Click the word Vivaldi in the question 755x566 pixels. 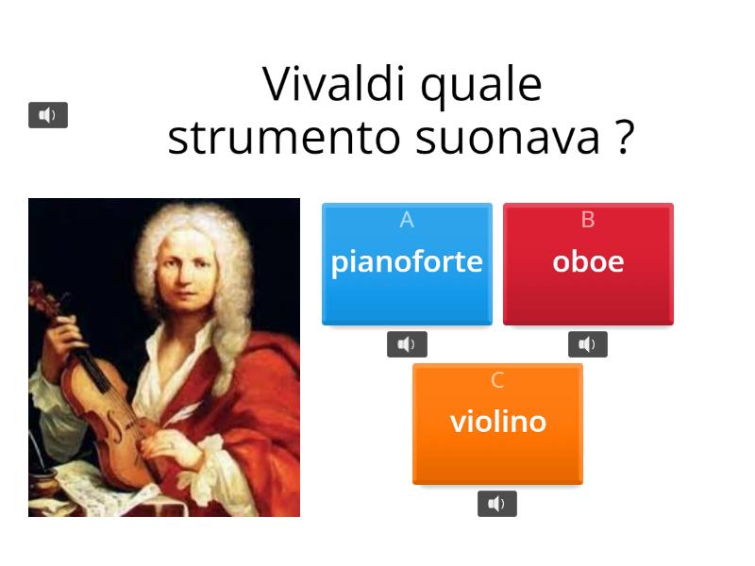[x=335, y=85]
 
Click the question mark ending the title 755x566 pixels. [x=624, y=138]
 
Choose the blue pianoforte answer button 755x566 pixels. [x=407, y=263]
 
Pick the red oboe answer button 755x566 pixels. [x=588, y=263]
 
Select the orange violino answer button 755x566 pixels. [x=497, y=424]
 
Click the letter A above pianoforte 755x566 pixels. [x=407, y=220]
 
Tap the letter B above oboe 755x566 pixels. [x=588, y=220]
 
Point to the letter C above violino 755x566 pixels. [x=497, y=380]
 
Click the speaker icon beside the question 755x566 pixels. [x=48, y=115]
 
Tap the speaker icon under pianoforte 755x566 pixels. [x=407, y=344]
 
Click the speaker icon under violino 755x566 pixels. [x=497, y=504]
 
